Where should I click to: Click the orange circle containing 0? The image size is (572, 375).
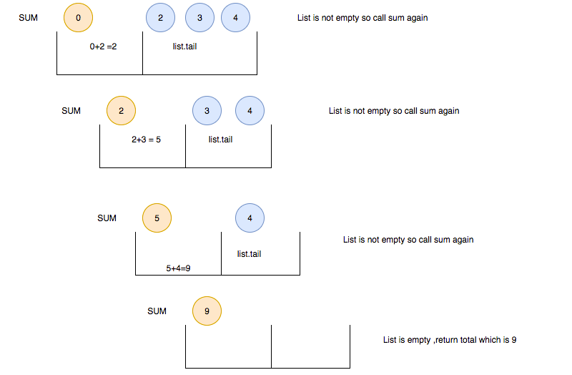78,18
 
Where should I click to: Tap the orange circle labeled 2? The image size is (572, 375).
121,111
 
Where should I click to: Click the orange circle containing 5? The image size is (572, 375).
157,218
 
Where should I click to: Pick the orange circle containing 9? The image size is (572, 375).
207,311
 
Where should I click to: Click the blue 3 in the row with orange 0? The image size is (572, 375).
199,18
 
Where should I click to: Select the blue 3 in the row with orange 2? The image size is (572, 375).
207,111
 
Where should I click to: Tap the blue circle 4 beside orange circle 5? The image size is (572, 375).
250,218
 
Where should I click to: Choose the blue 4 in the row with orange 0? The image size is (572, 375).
235,18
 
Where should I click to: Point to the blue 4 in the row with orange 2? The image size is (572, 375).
250,111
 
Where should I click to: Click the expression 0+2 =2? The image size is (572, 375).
104,47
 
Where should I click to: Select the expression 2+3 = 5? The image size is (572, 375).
146,140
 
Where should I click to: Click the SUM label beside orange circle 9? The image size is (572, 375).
157,311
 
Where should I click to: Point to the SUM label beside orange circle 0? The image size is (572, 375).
28,18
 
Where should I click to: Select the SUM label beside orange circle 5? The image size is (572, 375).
107,218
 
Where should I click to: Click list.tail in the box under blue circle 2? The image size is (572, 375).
184,47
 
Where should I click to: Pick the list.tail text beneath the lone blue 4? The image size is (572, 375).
249,254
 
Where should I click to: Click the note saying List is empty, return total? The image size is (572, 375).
449,340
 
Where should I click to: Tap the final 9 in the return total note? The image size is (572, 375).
513,340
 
